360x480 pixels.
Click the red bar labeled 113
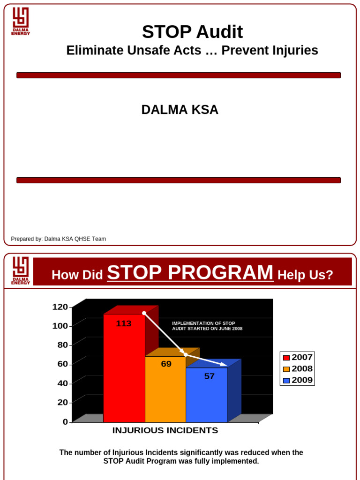[x=124, y=370]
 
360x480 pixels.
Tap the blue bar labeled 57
[x=207, y=396]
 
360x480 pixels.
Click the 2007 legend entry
[x=297, y=358]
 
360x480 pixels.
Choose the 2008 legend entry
[x=297, y=369]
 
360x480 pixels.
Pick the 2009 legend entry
[x=297, y=380]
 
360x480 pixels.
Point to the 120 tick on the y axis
[x=60, y=307]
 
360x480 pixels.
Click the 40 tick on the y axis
[x=62, y=383]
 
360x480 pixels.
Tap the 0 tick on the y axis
[x=65, y=422]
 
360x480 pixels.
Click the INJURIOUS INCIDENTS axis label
[x=165, y=430]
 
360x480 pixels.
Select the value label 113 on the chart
[x=124, y=323]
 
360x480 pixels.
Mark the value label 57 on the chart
[x=209, y=376]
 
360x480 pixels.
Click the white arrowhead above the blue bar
[x=224, y=364]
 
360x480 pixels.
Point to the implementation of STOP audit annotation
[x=207, y=326]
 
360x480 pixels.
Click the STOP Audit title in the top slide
[x=192, y=32]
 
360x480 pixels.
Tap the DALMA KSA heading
[x=180, y=110]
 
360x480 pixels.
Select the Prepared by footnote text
[x=59, y=239]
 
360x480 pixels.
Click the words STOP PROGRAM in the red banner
[x=190, y=273]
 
